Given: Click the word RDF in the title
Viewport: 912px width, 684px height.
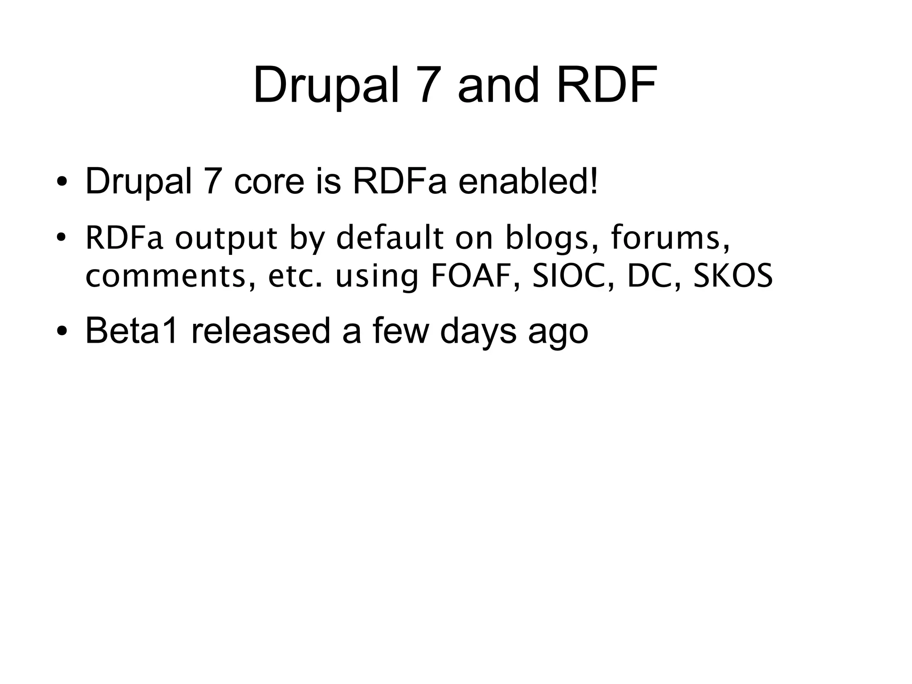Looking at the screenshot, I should coord(607,85).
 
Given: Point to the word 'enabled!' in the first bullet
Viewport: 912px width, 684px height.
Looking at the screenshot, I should coord(528,181).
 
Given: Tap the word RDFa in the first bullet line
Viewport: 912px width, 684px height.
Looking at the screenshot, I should coord(399,181).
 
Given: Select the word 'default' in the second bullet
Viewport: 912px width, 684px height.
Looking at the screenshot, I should coord(390,238).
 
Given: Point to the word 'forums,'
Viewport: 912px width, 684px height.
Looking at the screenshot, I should coord(671,238).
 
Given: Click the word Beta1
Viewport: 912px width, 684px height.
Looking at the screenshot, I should coord(132,331).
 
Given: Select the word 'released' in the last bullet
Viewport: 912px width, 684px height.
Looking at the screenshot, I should coord(261,331).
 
